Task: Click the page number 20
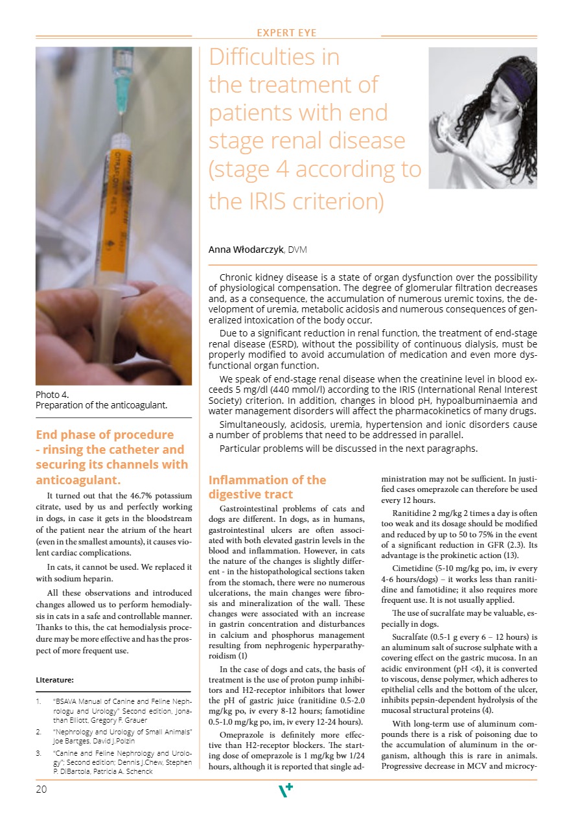pos(41,789)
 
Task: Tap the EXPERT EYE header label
pos(286,32)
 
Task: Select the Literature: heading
pos(55,681)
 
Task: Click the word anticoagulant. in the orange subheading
pos(78,480)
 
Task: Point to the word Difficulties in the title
pos(274,57)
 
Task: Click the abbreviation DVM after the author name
pos(297,249)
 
